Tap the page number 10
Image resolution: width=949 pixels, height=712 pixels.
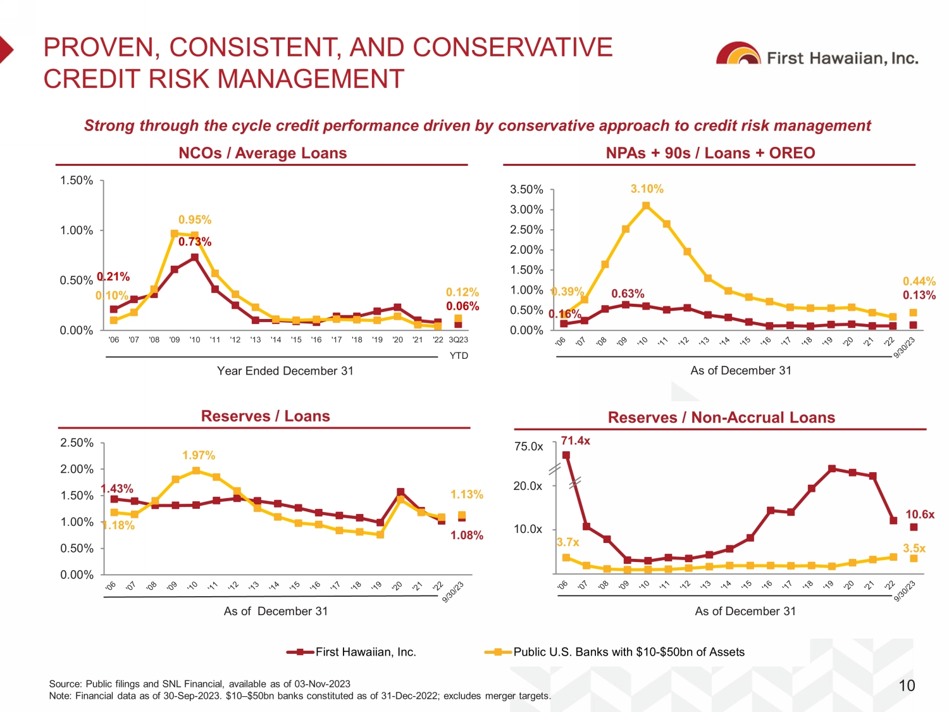click(907, 685)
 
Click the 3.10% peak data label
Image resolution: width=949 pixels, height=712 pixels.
click(647, 189)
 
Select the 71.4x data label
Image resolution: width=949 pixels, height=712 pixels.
click(575, 440)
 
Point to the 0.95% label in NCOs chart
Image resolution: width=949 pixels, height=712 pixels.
click(195, 220)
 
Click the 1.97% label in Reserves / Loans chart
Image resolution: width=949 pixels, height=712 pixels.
click(199, 455)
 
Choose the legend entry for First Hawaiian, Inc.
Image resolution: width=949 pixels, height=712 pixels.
click(352, 652)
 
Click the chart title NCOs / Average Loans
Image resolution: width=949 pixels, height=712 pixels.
click(263, 153)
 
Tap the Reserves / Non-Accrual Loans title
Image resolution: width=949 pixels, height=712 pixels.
click(721, 418)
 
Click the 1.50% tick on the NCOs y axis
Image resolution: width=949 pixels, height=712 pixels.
click(77, 180)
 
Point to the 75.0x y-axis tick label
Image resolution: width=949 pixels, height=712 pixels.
click(528, 446)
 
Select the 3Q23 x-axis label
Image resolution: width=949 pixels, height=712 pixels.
click(459, 340)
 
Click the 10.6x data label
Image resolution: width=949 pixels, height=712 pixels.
click(919, 514)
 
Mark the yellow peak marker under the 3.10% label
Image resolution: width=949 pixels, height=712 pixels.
click(646, 206)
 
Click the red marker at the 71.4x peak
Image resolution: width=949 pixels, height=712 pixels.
click(566, 455)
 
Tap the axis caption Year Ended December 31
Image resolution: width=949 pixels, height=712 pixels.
click(285, 371)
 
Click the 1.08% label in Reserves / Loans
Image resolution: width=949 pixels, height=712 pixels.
click(466, 535)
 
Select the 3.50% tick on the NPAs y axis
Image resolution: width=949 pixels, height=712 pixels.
click(526, 189)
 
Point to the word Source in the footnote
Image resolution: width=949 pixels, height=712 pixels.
click(65, 684)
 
